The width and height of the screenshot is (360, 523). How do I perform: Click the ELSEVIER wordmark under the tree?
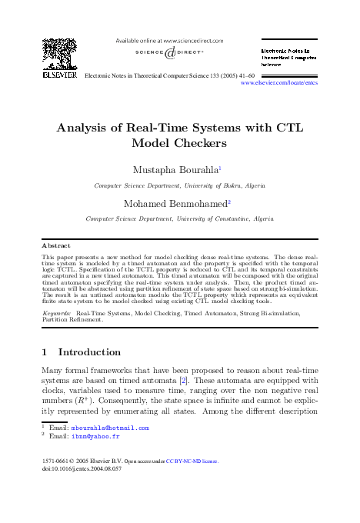(x=59, y=76)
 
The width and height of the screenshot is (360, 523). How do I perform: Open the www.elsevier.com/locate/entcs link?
(x=279, y=82)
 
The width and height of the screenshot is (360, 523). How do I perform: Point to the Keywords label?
(x=57, y=315)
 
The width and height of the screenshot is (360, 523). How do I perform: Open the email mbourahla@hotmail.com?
(x=112, y=428)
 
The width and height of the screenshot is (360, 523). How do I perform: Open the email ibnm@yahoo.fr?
(x=96, y=436)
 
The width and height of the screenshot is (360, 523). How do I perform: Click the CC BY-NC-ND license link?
(x=195, y=461)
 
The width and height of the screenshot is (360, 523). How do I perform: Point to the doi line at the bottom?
(x=84, y=469)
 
